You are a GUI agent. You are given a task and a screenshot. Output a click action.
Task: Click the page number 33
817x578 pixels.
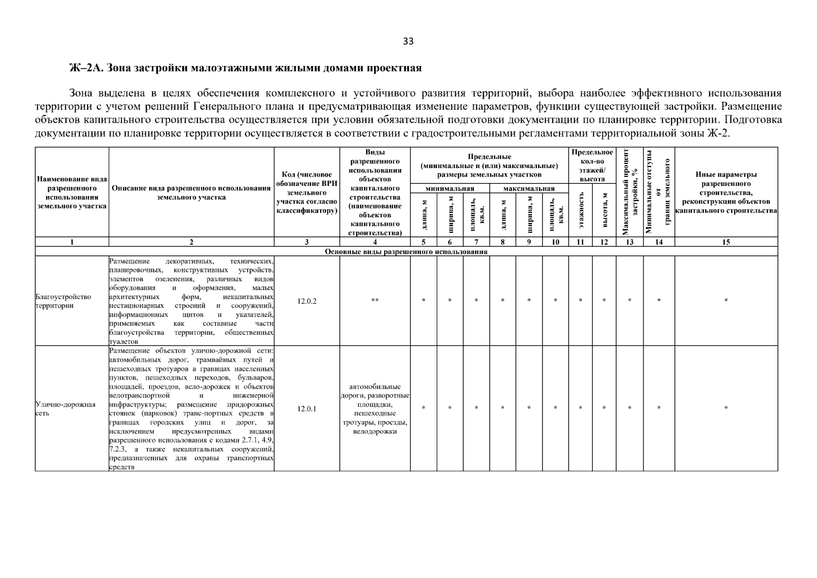[408, 41]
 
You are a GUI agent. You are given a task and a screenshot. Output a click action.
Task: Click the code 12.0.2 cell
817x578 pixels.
[307, 301]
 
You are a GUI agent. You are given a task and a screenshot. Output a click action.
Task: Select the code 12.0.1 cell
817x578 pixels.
[307, 409]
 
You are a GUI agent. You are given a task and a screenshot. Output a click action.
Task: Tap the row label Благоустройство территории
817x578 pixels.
[63, 301]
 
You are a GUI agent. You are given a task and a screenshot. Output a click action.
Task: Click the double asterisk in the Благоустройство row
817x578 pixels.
[375, 301]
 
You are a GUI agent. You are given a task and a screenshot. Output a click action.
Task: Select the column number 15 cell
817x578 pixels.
[726, 242]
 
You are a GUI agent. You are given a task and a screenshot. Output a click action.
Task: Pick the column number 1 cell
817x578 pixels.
[72, 242]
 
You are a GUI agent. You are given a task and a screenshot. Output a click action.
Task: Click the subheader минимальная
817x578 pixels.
[450, 189]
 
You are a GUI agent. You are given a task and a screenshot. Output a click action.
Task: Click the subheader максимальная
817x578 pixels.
[529, 189]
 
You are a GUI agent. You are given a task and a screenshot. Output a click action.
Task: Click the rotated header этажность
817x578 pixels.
[581, 210]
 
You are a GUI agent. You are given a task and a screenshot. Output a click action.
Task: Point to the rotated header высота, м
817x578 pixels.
[604, 210]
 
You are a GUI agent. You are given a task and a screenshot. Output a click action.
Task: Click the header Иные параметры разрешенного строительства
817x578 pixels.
[726, 193]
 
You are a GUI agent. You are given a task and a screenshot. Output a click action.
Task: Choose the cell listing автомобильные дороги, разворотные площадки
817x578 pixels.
[375, 409]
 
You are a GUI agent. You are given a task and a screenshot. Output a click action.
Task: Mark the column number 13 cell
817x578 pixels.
[629, 242]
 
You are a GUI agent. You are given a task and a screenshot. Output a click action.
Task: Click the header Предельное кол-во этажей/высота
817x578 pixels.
[592, 165]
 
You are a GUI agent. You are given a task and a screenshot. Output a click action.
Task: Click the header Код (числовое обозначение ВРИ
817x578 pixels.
[307, 193]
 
